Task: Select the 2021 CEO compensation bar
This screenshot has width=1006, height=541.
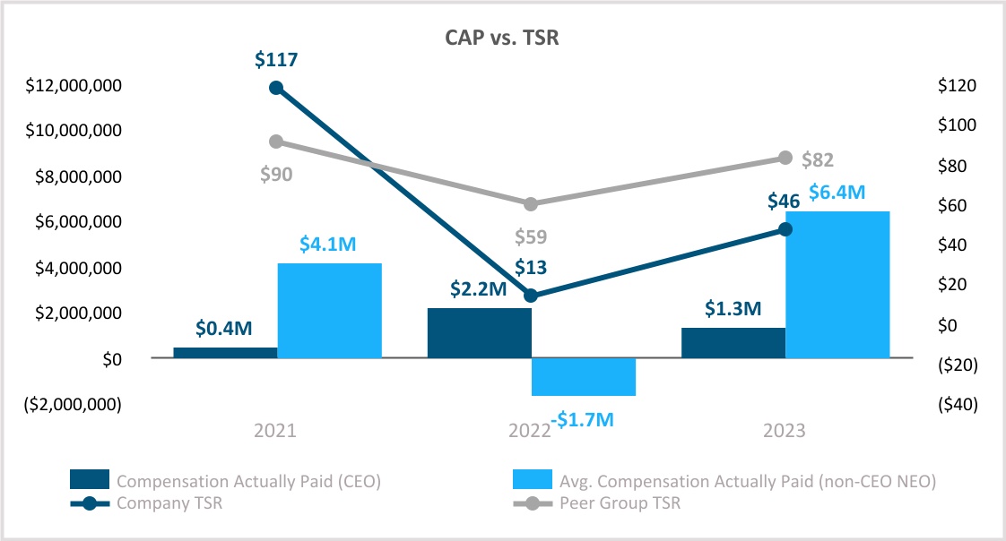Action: (225, 352)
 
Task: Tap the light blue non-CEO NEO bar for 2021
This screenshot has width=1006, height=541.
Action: (329, 310)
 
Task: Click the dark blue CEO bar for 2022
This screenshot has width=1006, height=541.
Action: (479, 332)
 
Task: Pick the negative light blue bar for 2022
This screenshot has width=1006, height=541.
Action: (583, 376)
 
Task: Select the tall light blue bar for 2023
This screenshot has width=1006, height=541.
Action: (837, 284)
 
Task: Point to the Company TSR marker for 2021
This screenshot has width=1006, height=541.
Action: (276, 88)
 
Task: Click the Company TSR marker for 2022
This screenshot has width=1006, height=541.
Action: (531, 296)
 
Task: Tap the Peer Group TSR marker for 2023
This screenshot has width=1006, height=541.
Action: (785, 158)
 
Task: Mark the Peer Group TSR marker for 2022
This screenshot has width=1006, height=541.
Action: (531, 204)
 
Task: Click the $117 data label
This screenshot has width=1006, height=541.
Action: (276, 61)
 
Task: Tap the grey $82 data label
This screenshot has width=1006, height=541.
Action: (818, 160)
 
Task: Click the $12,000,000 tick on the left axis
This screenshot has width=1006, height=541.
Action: (74, 86)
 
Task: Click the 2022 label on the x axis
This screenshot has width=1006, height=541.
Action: (530, 431)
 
